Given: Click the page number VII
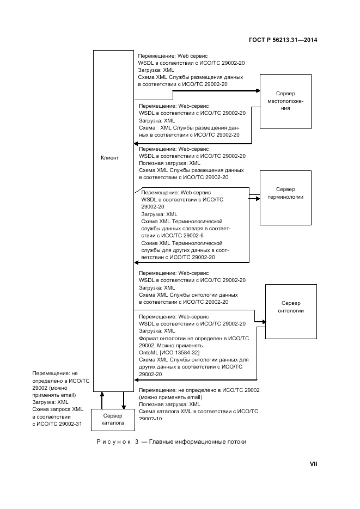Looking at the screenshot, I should pos(313,464).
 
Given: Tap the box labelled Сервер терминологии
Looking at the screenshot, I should pos(285,197).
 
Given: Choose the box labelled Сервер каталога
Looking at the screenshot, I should pos(113,419).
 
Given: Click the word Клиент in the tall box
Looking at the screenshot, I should pos(109,158).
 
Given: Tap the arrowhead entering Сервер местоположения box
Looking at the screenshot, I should pos(258,91).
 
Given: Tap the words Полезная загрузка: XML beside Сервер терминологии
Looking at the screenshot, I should pos(169,163).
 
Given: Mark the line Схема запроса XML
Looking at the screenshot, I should pos(58,409).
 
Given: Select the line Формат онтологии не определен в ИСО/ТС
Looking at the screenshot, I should pos(193,338).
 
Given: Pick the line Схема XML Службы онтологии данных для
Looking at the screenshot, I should pos(193,360).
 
